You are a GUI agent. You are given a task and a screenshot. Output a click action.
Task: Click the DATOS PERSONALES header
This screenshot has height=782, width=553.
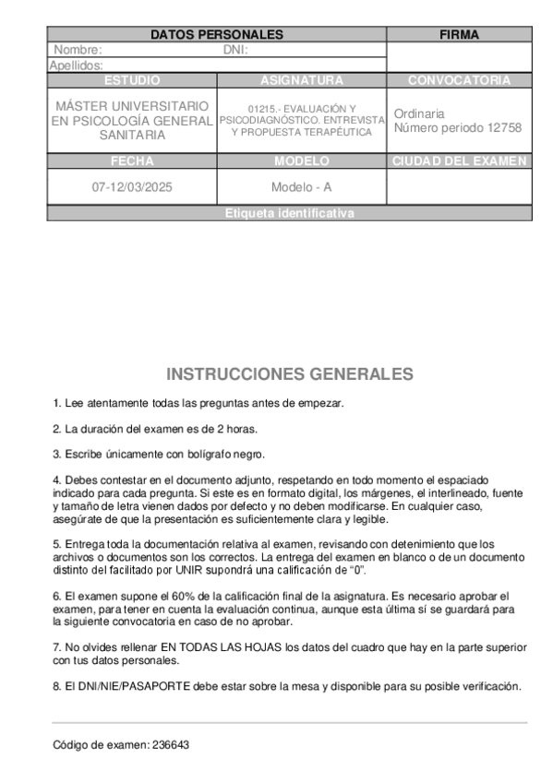[x=217, y=35]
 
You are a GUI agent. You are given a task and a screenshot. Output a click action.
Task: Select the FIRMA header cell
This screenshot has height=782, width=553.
[x=459, y=35]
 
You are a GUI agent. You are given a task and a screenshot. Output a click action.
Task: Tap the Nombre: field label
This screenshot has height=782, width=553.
[x=78, y=50]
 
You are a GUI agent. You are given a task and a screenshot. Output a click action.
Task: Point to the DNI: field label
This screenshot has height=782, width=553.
[x=235, y=50]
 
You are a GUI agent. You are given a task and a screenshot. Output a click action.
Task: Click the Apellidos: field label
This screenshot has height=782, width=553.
[x=76, y=65]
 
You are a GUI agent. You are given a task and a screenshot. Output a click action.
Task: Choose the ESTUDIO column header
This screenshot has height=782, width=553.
[x=132, y=80]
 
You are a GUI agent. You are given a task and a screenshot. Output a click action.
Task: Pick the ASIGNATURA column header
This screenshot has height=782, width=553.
[x=302, y=80]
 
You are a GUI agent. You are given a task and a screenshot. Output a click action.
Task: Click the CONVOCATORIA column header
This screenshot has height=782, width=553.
[x=459, y=80]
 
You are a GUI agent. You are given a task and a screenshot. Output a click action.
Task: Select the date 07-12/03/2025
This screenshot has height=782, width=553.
[x=132, y=187]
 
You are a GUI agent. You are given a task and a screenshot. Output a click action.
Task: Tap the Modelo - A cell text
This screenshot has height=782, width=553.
[x=302, y=187]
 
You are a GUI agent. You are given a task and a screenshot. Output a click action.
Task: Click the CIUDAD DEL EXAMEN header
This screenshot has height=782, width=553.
[x=459, y=161]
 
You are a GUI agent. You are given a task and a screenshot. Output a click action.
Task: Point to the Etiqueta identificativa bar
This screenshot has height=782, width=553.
[x=289, y=213]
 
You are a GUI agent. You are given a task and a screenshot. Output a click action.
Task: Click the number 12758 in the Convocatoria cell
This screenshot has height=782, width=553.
[x=505, y=127]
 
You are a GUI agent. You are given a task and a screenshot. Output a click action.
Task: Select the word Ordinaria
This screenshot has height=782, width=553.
[x=419, y=113]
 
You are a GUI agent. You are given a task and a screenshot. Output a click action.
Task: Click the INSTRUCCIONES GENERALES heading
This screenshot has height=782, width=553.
[x=290, y=374]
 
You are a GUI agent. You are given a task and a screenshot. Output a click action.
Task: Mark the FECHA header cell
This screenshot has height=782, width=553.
[x=132, y=161]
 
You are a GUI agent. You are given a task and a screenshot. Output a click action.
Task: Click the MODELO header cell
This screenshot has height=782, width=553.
[x=302, y=161]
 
